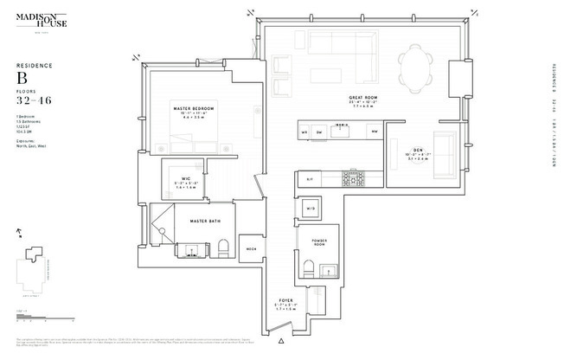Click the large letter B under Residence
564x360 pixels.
pos(23,79)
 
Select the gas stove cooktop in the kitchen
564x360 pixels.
pos(353,179)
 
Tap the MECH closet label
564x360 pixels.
pos(252,249)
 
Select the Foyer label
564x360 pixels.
pos(286,302)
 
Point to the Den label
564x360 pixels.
pos(417,151)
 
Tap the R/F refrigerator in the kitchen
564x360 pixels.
pos(309,179)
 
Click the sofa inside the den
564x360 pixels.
pos(447,152)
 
